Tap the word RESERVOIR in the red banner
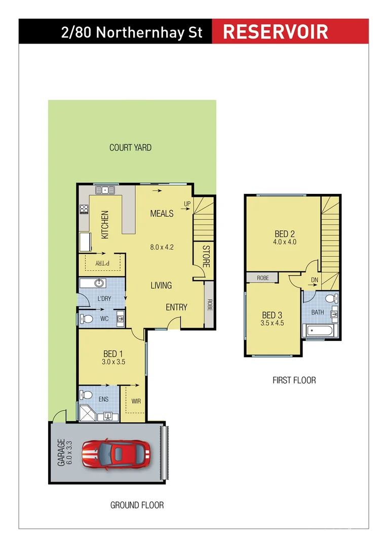coord(276,31)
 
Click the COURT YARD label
coord(130,148)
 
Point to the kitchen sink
coord(106,190)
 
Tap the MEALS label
coord(162,214)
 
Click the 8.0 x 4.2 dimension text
coord(162,248)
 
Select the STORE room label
coord(206,257)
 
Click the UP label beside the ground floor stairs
coord(187,204)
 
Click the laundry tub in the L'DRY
coord(99,283)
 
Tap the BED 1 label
coord(113,354)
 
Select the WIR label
coord(135,401)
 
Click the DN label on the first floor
coord(315,280)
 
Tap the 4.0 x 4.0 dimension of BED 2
coord(285,242)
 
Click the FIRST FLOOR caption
coord(294,380)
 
